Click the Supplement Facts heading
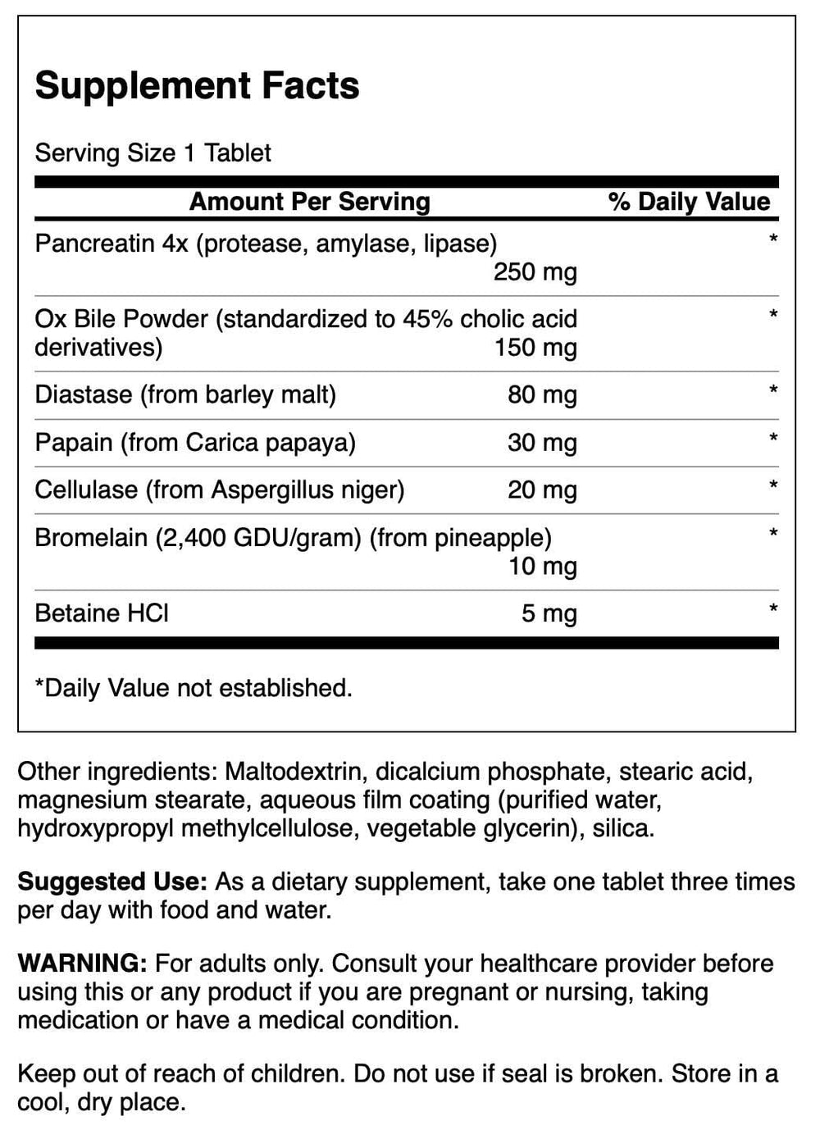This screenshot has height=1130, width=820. [x=197, y=86]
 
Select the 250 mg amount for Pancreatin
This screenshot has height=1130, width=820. [x=535, y=271]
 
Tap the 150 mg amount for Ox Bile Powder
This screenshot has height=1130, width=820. [x=535, y=347]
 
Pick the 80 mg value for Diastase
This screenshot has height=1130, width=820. [x=542, y=394]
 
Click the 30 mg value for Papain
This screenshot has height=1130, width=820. [x=542, y=442]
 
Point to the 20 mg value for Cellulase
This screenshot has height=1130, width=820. [x=542, y=490]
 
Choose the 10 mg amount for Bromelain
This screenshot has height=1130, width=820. [x=542, y=566]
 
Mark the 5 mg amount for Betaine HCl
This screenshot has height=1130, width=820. [x=549, y=613]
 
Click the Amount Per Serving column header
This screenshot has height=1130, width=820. [x=309, y=202]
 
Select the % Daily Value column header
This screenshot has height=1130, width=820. [x=689, y=202]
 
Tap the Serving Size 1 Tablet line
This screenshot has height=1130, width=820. [x=153, y=153]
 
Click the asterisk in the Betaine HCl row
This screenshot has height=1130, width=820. [x=772, y=609]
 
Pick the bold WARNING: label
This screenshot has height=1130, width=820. [x=82, y=963]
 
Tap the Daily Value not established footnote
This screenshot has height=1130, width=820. [x=194, y=687]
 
